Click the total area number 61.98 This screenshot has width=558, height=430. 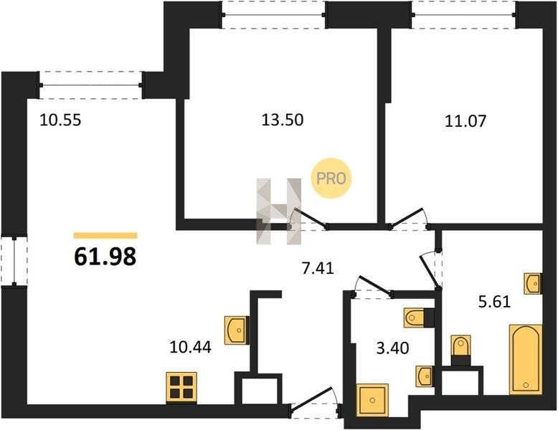point(105,257)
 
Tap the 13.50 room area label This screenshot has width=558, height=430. point(283,120)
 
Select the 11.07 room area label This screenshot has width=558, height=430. point(465,121)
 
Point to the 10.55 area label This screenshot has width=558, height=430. point(60,120)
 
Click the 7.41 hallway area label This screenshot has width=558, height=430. point(318,268)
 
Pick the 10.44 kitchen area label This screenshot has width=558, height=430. point(190,347)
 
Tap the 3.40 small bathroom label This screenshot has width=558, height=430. point(392,348)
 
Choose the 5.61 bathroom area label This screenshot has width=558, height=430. point(495,302)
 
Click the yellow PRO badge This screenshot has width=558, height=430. point(331,178)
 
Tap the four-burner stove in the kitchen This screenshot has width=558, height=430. point(181,387)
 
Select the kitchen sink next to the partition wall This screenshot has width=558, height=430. point(236,330)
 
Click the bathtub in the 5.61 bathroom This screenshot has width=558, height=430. point(526,359)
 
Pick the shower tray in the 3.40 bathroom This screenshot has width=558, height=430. point(372,400)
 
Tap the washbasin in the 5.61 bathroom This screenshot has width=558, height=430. point(533,284)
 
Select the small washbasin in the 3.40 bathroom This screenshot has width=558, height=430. point(424,376)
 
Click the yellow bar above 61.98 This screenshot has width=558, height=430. point(105,236)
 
